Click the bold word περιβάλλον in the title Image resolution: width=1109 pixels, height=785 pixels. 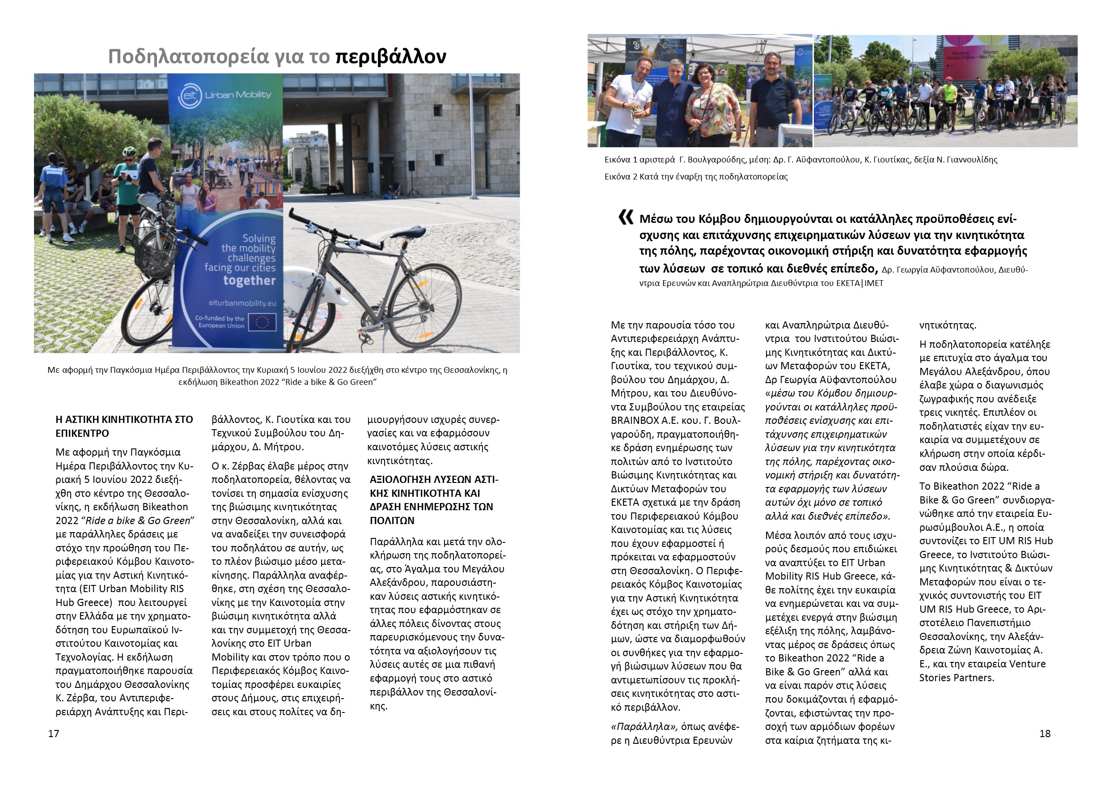click(x=390, y=56)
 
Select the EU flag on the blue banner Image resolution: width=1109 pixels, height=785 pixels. click(x=262, y=322)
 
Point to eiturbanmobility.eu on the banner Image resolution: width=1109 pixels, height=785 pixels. click(x=242, y=303)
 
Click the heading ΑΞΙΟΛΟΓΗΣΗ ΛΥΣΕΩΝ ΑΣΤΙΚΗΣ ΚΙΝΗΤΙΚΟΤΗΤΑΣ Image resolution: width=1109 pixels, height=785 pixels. click(x=432, y=500)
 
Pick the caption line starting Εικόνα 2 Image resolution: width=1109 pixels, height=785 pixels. click(x=695, y=177)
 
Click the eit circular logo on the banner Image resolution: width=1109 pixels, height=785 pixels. click(x=189, y=95)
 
